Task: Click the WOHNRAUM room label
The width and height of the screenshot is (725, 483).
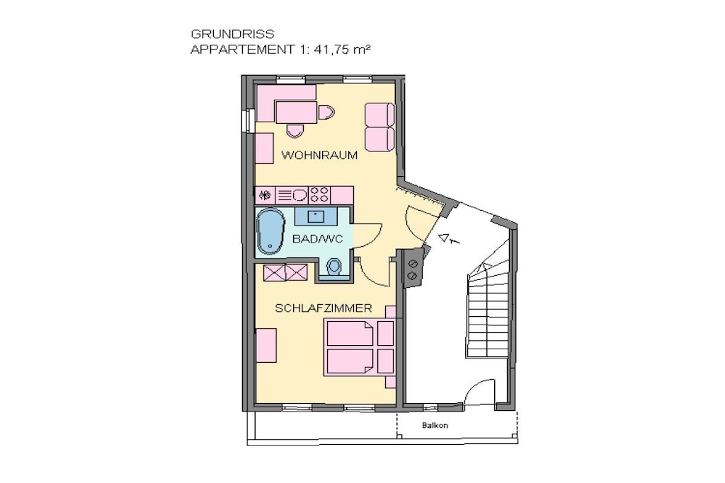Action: tap(319, 155)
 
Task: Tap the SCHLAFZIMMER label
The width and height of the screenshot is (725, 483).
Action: tap(323, 308)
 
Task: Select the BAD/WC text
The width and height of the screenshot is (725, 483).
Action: tap(318, 239)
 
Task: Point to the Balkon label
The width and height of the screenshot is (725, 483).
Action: tap(435, 425)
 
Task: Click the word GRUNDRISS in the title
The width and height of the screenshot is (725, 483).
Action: tap(232, 34)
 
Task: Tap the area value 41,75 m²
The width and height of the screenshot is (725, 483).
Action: tap(342, 49)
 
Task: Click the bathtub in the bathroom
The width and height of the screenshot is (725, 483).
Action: tap(271, 231)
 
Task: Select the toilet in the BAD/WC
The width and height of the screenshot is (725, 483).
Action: tap(334, 267)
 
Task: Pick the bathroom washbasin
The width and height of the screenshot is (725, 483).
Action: tap(316, 215)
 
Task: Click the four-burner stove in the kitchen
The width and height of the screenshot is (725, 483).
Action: tap(319, 194)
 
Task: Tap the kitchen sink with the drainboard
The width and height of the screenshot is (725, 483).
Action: tap(292, 195)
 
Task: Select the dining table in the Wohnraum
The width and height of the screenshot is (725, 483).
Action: tap(297, 112)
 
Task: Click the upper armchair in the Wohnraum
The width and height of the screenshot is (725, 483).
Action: tap(379, 114)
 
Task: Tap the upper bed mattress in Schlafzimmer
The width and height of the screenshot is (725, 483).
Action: tap(350, 333)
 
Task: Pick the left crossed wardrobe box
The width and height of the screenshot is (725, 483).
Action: tap(275, 272)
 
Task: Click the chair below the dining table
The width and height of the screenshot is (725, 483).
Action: tap(295, 131)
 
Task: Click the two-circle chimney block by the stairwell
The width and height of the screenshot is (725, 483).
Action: tap(413, 269)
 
